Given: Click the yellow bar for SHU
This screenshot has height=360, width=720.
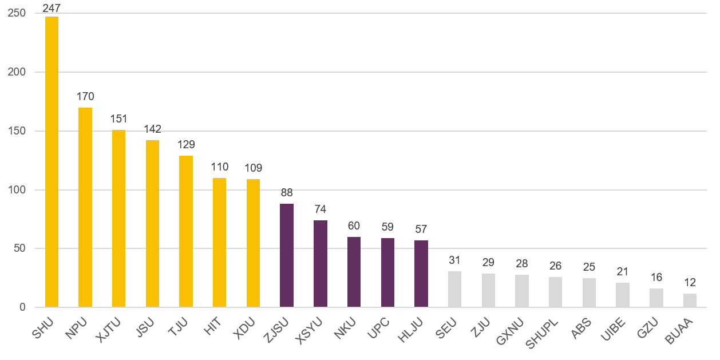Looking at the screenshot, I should click(x=52, y=162).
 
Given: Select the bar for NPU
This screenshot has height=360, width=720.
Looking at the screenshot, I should click(x=85, y=207).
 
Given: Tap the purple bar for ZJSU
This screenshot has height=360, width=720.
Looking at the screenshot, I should click(x=287, y=255).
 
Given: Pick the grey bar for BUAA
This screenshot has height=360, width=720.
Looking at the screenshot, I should click(x=690, y=300).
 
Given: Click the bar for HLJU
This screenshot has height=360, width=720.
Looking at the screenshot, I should click(x=421, y=274).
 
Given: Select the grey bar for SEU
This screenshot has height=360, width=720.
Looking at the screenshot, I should click(x=454, y=289).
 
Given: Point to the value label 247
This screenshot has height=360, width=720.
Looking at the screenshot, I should click(x=52, y=8).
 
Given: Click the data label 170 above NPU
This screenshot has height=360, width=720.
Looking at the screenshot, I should click(x=85, y=96).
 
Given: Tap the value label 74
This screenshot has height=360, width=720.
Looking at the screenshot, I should click(x=321, y=209).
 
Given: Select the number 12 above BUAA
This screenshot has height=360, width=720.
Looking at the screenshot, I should click(x=690, y=283).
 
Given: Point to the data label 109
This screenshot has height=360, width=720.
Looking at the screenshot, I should click(x=253, y=168).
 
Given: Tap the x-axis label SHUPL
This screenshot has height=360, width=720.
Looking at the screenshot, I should click(x=541, y=333).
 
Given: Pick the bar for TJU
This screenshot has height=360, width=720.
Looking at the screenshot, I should click(x=186, y=231).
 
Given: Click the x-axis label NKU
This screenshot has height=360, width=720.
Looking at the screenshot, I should click(x=345, y=327).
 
